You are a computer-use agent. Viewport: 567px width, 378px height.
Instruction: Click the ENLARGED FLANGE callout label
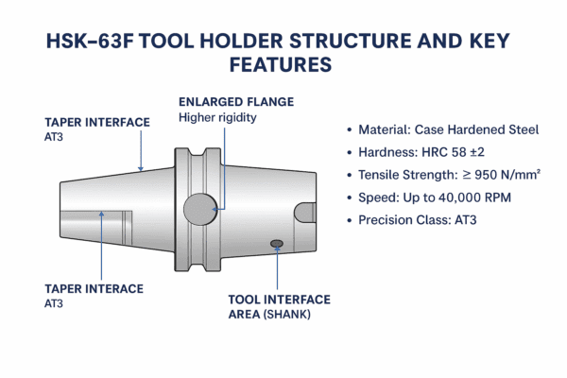pos(236,101)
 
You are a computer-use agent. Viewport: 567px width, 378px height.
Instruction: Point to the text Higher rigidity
pos(217,117)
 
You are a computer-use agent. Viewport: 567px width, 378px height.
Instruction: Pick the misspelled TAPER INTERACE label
pos(94,288)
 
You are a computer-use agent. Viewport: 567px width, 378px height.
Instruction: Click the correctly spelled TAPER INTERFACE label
pos(96,123)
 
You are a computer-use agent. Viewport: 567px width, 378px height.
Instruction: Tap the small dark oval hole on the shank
pos(277,245)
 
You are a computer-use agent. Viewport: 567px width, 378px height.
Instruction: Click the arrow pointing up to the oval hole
pos(277,269)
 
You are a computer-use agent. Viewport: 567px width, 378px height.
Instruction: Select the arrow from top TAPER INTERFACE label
pos(141,151)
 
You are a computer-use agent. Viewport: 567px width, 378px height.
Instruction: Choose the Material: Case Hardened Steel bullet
pos(448,129)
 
